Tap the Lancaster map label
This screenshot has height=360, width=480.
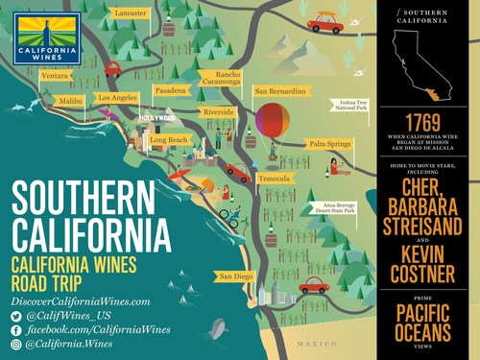pos(131,13)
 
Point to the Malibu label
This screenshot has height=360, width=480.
pos(71,100)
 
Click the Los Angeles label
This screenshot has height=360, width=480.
pos(117,98)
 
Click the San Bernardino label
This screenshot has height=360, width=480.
pos(279,91)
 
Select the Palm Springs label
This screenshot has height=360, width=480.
pos(329,144)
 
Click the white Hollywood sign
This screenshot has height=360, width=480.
pos(158,119)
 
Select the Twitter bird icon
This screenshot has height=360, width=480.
pos(16,315)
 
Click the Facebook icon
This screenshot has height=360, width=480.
pos(16,329)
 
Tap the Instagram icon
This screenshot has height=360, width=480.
pos(16,344)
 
